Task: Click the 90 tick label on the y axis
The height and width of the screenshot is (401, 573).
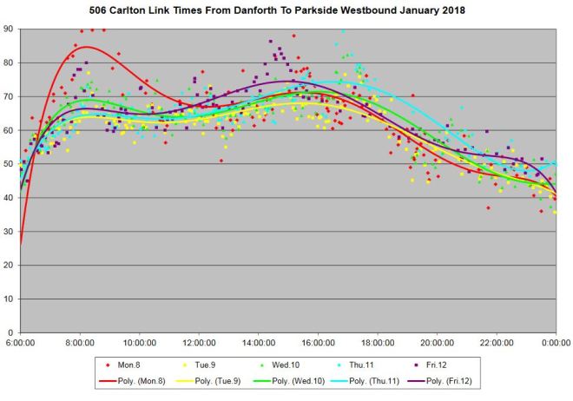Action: [8, 29]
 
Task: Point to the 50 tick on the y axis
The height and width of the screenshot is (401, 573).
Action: [8, 164]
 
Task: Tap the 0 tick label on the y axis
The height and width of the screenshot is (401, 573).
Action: [10, 332]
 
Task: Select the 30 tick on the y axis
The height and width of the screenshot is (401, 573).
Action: [8, 231]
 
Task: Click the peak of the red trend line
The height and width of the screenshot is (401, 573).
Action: [85, 47]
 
